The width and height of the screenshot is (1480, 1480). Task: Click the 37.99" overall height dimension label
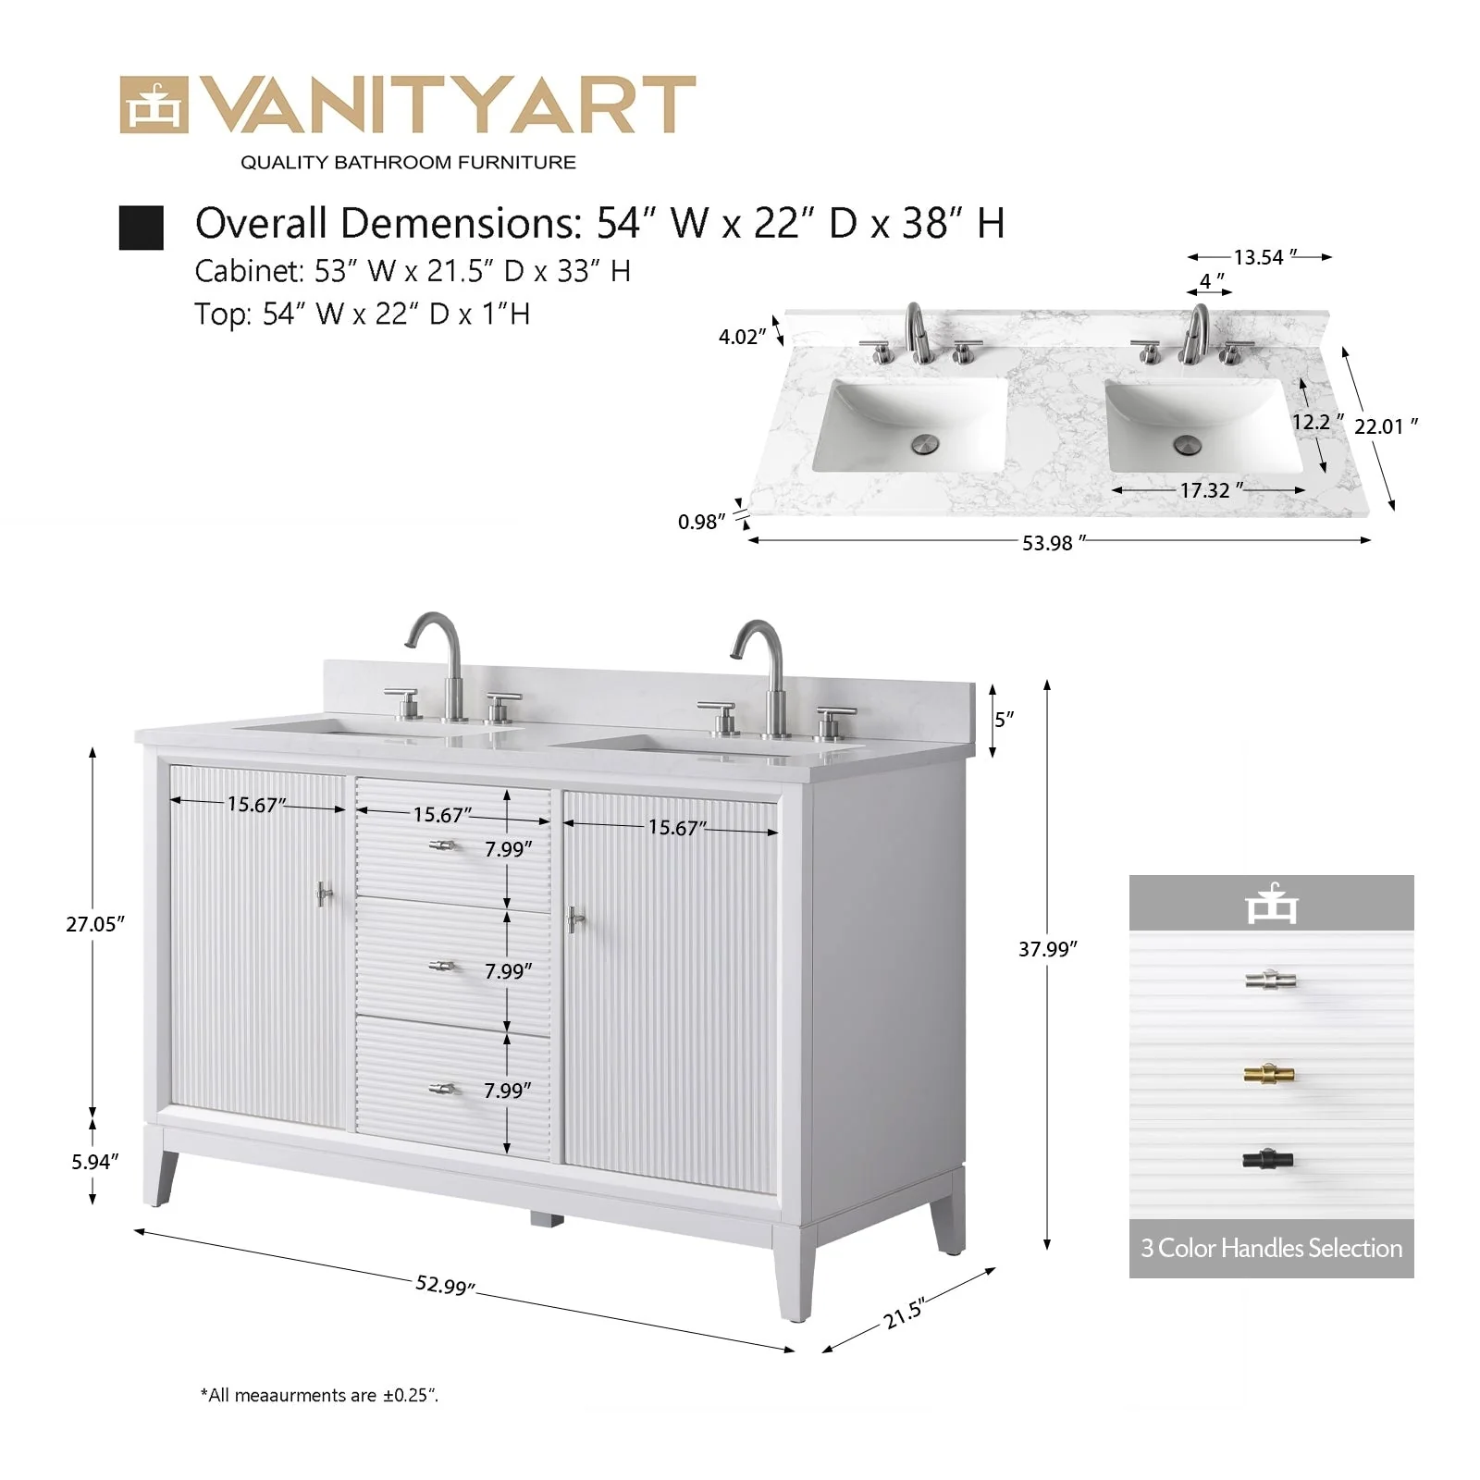(1048, 949)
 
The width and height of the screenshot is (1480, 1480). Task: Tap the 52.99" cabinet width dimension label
(446, 1285)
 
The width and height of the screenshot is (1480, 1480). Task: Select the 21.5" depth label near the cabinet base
(904, 1313)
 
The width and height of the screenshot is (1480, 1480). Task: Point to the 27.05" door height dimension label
(95, 924)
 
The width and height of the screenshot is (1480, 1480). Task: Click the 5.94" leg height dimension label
(95, 1162)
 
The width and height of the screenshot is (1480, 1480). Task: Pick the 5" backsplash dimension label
(1005, 719)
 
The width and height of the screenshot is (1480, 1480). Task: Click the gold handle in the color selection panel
(1269, 1074)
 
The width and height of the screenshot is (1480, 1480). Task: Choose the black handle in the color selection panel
(1267, 1158)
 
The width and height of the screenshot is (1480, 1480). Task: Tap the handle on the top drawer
(443, 845)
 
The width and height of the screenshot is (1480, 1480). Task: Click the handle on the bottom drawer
(443, 1089)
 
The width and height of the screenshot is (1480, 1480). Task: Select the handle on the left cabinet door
(323, 894)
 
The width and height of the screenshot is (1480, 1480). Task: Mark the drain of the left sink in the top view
(925, 445)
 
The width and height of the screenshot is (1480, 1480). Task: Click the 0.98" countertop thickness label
(702, 522)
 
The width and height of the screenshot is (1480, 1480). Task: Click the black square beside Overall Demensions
(142, 228)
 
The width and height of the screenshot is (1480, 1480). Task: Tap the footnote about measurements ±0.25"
(319, 1395)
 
